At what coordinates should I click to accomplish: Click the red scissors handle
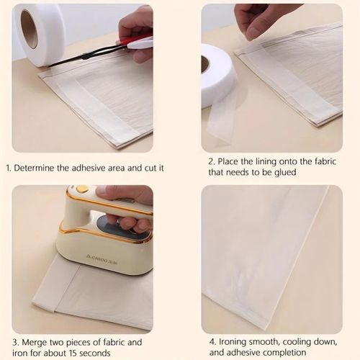[138, 43]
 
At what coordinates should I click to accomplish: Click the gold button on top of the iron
[83, 189]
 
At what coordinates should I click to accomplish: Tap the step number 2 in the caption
[211, 161]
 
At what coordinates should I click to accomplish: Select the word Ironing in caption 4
[236, 342]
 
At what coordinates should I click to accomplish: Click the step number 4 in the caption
[212, 342]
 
